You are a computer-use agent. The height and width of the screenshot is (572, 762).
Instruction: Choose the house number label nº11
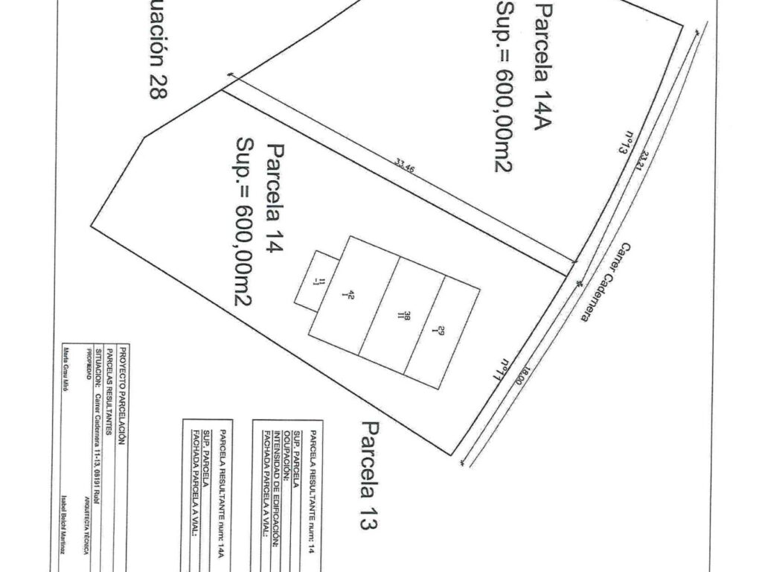point(506,369)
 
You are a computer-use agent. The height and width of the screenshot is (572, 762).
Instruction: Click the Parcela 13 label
point(367,475)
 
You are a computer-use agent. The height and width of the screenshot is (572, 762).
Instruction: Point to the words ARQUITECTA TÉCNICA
point(87,513)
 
